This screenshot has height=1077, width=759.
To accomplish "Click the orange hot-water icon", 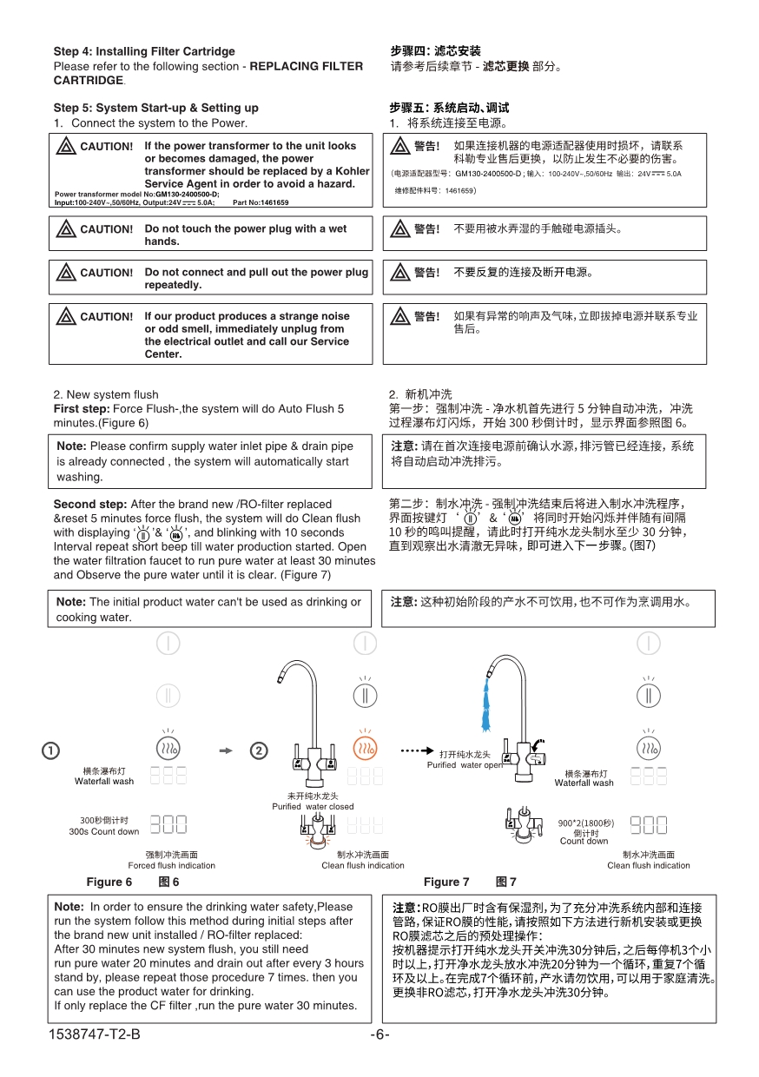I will point(365,748).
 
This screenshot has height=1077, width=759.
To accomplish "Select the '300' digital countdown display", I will point(168,823).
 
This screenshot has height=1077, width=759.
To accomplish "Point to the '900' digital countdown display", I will point(648,824).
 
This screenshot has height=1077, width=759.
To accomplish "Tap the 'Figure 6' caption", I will point(109,882).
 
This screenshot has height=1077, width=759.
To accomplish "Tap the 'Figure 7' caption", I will point(446,882).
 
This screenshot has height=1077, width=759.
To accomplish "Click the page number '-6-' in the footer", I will point(379,1034).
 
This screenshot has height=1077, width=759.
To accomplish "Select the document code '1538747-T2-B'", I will point(96,1034).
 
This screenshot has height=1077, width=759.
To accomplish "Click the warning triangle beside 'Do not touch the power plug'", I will point(65,229).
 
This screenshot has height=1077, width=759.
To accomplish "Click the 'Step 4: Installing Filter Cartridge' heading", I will point(144,51).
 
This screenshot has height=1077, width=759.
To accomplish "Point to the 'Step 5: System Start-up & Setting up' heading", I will point(156,108).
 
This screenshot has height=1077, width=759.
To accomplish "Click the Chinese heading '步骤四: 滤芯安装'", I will point(435,51).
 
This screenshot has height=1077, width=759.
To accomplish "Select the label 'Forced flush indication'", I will point(171,865).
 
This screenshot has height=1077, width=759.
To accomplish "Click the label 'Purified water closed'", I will point(313,806).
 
